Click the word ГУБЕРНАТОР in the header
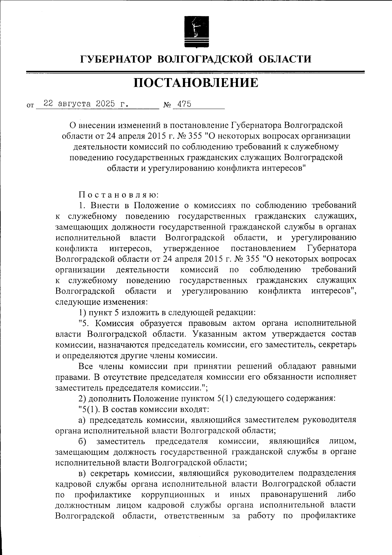pyautogui.click(x=117, y=59)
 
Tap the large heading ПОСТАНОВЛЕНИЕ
pyautogui.click(x=196, y=83)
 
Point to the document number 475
pyautogui.click(x=184, y=104)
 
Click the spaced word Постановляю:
pyautogui.click(x=118, y=195)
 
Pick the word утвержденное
pyautogui.click(x=191, y=248)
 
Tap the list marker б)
pyautogui.click(x=82, y=441)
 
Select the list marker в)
pyautogui.click(x=82, y=473)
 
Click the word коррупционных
pyautogui.click(x=173, y=495)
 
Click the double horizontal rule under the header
pyautogui.click(x=196, y=72)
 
